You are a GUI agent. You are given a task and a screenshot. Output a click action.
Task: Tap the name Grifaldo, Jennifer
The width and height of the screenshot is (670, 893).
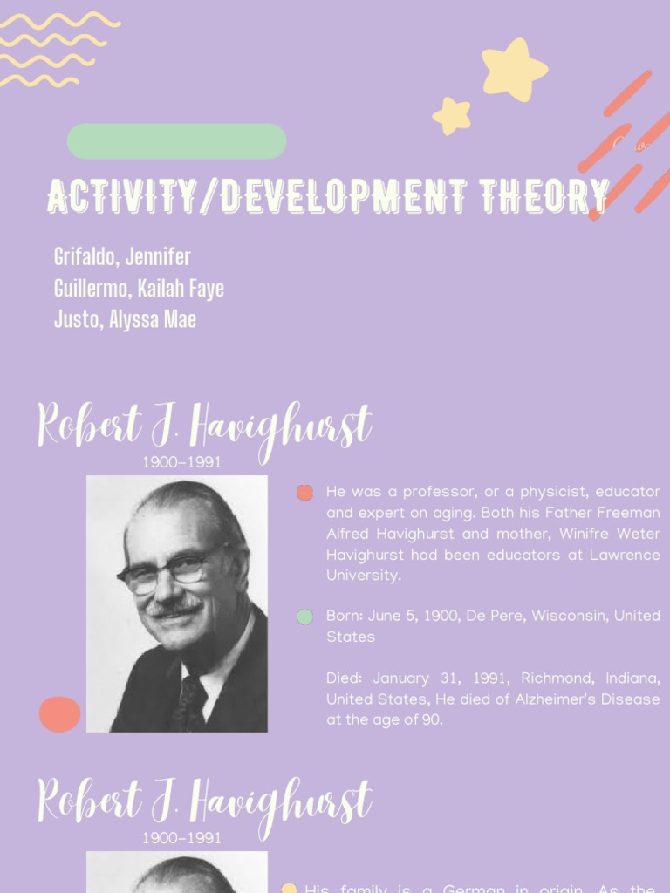point(122,257)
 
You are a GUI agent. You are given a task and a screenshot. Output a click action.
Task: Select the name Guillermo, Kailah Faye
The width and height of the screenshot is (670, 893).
point(139,288)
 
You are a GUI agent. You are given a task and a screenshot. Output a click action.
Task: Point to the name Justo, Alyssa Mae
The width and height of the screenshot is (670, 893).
point(125,319)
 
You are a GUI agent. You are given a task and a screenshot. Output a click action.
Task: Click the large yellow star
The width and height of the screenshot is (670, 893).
point(514,70)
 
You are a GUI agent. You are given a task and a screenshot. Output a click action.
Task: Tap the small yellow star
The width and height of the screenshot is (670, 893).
point(452,115)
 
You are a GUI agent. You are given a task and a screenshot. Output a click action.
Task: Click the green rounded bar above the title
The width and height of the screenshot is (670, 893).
point(176,141)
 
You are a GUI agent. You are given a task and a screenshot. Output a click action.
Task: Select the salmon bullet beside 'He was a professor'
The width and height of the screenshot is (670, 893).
point(304,493)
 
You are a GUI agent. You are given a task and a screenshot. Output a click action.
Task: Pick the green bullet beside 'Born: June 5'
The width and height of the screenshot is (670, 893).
point(304,617)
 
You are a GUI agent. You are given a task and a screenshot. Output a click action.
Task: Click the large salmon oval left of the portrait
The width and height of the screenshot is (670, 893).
point(59,714)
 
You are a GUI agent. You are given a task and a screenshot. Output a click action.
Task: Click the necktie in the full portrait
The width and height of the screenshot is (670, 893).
point(191,702)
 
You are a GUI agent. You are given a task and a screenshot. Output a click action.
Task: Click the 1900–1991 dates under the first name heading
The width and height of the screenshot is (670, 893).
point(181,463)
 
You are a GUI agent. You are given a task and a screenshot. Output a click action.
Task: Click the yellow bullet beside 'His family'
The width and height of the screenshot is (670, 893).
point(290,889)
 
